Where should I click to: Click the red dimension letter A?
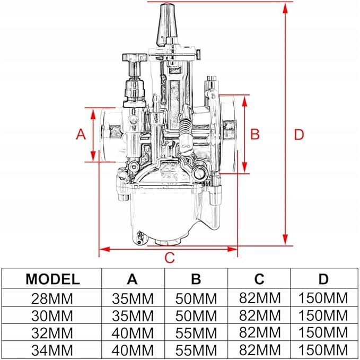click(81, 134)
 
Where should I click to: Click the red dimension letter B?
click(254, 134)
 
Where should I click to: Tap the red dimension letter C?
click(169, 258)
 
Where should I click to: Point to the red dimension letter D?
click(299, 135)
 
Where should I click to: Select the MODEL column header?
click(53, 279)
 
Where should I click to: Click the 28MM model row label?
click(53, 298)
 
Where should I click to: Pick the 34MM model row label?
click(53, 350)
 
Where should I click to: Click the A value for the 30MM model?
click(133, 315)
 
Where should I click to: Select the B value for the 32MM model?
click(196, 333)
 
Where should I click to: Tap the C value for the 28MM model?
click(259, 298)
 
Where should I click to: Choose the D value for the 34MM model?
click(324, 350)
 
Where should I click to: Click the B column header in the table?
click(196, 279)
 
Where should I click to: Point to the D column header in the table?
click(324, 279)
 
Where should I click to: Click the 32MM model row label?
click(53, 333)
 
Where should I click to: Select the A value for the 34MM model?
click(133, 350)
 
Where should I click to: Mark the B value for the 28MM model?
click(196, 298)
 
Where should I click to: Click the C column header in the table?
click(259, 279)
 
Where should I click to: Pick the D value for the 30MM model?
click(324, 315)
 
